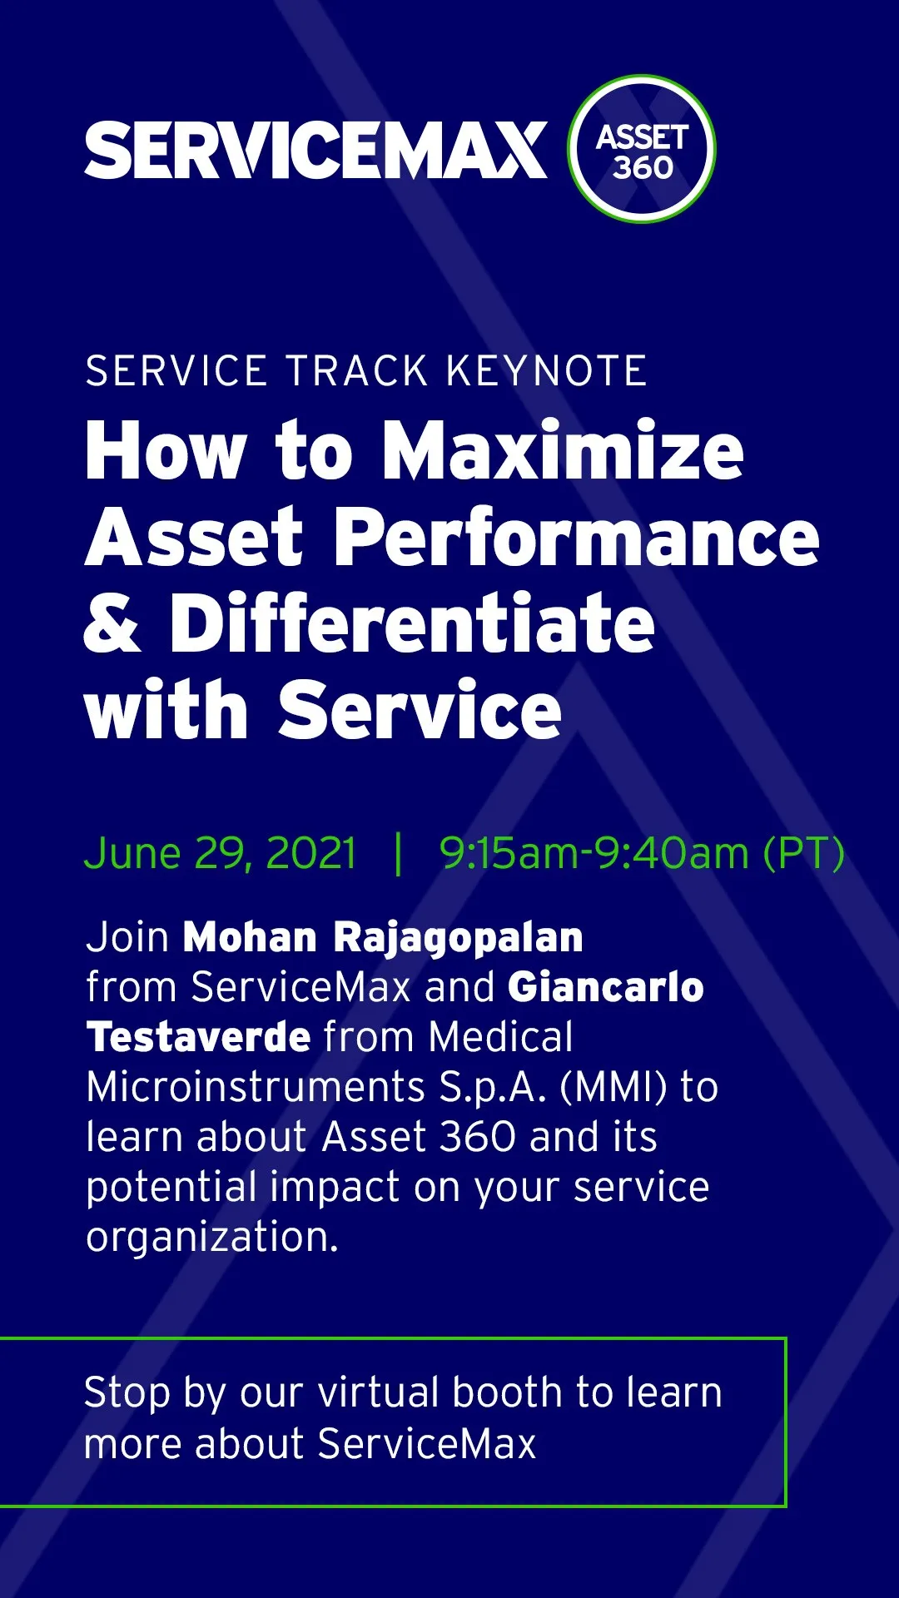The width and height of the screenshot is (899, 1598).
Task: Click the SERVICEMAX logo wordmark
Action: click(x=316, y=150)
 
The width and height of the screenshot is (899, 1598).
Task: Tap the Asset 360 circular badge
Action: click(x=642, y=149)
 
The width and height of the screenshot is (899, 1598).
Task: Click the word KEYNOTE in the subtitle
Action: click(x=547, y=371)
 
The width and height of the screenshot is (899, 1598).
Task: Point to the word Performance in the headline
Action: click(x=577, y=538)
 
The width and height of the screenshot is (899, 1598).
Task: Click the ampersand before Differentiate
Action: click(x=112, y=623)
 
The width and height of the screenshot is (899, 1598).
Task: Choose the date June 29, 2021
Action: click(x=221, y=854)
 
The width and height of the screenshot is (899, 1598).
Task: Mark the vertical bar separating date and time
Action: click(x=399, y=854)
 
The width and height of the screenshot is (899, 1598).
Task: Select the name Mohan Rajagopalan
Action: click(x=383, y=938)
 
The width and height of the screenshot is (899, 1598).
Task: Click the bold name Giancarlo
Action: click(x=606, y=987)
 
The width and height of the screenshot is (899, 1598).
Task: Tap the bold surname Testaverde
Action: click(x=199, y=1037)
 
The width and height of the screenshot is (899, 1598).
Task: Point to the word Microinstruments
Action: click(x=256, y=1087)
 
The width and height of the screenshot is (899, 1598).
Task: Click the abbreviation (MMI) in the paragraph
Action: click(x=614, y=1087)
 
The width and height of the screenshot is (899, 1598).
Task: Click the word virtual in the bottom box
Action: click(x=379, y=1392)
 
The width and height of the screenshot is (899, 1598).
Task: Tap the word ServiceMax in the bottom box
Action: click(x=427, y=1444)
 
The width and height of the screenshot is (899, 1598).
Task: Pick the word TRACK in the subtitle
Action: click(x=357, y=371)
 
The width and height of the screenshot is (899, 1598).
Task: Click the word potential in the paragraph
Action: click(x=171, y=1189)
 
